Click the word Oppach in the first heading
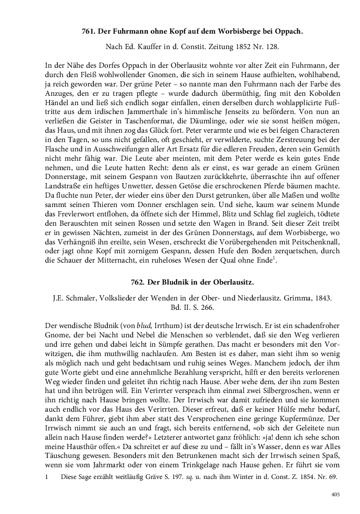pos(288,32)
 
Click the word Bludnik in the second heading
pos(176,282)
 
